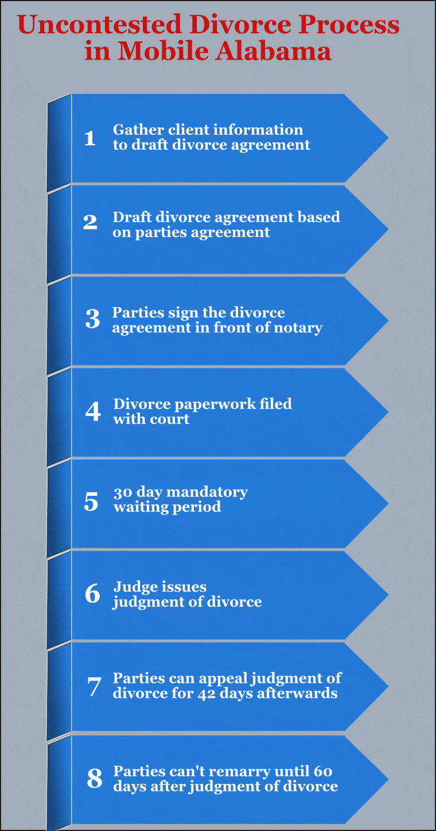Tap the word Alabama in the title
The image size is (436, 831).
pos(273,51)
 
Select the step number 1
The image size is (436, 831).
pos(89,138)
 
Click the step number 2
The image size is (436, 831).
pos(90,222)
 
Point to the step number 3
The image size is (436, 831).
pos(93,319)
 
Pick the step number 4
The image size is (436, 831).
pos(93,411)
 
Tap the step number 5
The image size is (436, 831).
pos(91,502)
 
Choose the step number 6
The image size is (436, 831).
pos(93,593)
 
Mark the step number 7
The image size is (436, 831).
pos(94,686)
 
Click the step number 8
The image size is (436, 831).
pos(95,778)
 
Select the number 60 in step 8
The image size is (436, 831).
pos(323,772)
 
